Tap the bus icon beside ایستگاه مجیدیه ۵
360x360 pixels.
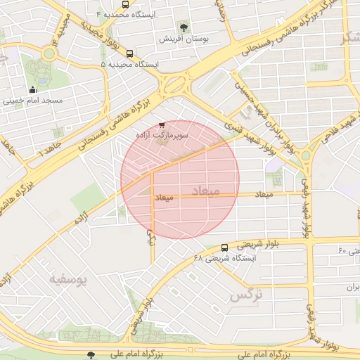click(129, 53)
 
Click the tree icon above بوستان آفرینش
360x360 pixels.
click(184, 27)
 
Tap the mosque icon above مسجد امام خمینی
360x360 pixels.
click(32, 89)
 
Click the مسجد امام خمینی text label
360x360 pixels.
click(32, 101)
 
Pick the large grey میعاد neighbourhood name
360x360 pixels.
click(205, 191)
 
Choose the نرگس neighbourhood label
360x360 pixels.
click(245, 295)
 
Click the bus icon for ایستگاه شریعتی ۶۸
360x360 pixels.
click(224, 247)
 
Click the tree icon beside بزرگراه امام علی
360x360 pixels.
click(89, 354)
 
